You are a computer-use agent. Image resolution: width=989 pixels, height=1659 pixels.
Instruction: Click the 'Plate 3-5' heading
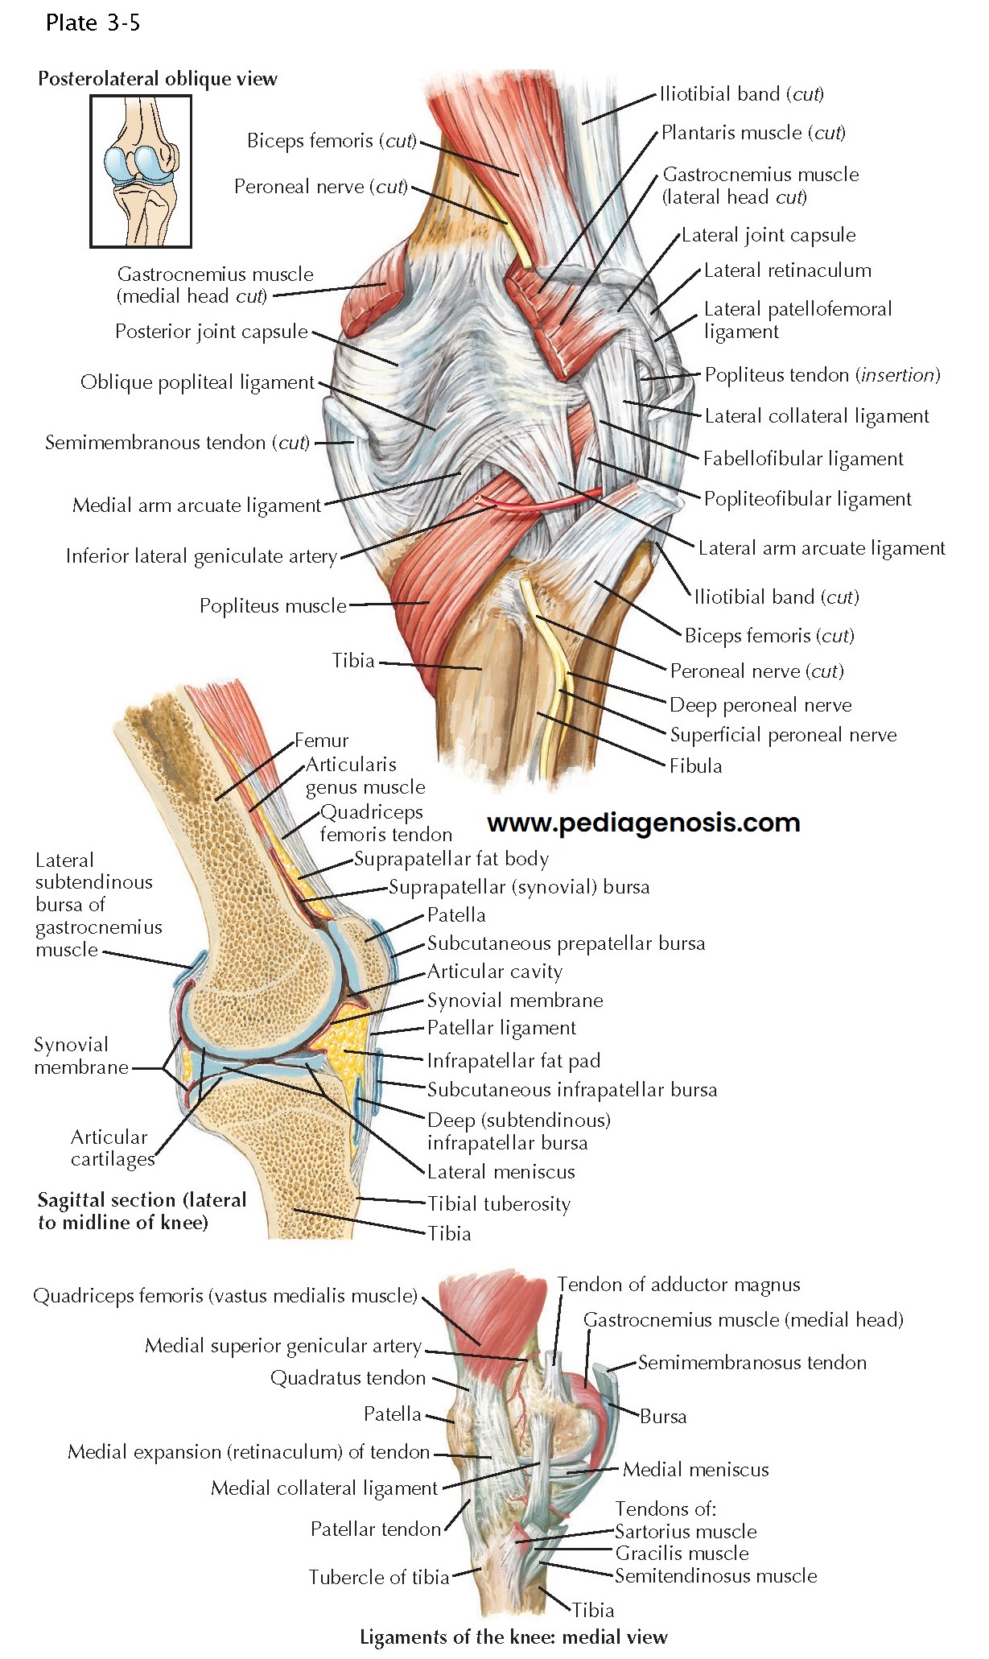(93, 23)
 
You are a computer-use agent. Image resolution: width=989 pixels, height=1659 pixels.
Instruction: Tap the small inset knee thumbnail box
(141, 171)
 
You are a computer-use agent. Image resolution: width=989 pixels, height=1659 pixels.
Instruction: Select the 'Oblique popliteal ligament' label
(197, 382)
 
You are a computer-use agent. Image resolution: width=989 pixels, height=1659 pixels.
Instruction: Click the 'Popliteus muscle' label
(273, 605)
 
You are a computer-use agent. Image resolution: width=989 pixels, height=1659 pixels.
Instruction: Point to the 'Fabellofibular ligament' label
(803, 459)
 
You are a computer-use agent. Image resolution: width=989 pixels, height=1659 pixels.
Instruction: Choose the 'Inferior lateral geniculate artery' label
(201, 556)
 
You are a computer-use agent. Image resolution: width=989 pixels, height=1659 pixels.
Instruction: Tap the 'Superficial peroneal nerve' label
(783, 735)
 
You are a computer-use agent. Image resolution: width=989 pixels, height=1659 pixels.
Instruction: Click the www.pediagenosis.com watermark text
(644, 823)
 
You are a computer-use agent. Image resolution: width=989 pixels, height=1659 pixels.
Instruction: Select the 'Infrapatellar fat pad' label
(513, 1061)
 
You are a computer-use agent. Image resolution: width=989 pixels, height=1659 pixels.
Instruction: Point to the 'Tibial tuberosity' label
(499, 1204)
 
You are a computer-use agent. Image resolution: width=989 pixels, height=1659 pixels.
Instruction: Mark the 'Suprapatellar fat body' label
(451, 859)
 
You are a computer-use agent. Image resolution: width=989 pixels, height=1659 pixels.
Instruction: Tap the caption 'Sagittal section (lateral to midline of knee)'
(142, 1211)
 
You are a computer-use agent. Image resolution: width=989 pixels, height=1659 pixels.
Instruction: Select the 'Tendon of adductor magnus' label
(678, 1285)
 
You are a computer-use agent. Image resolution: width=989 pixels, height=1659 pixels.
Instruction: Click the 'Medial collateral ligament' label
(323, 1488)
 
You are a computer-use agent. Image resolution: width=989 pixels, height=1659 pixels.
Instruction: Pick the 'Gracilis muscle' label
(682, 1553)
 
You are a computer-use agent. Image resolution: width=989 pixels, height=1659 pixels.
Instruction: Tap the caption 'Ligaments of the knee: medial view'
(513, 1636)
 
